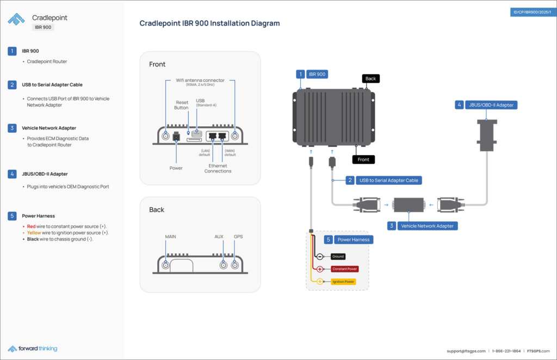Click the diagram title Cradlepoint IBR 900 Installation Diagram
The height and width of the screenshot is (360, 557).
point(209,23)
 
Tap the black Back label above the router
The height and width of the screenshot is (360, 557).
point(370,79)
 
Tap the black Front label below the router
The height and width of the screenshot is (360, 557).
point(363,159)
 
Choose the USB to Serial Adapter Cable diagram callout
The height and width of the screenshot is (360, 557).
point(388,180)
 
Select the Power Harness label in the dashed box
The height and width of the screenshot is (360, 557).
point(353,239)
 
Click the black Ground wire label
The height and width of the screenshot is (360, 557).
point(337,256)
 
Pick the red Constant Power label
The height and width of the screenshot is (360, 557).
point(344,269)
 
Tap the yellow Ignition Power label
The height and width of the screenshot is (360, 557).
point(343,282)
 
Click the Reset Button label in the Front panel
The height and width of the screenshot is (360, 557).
point(182,105)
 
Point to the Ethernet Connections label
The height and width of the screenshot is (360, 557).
point(218,168)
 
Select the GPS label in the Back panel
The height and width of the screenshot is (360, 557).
point(238,237)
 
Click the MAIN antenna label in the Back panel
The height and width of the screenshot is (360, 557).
point(170,237)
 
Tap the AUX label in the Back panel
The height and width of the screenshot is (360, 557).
point(219,237)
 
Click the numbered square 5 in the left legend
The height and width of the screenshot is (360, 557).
point(12,215)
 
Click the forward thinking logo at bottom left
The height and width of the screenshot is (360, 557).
point(33,349)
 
